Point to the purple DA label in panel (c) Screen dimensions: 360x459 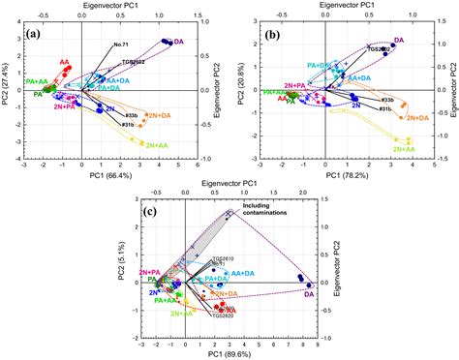(310, 293)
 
